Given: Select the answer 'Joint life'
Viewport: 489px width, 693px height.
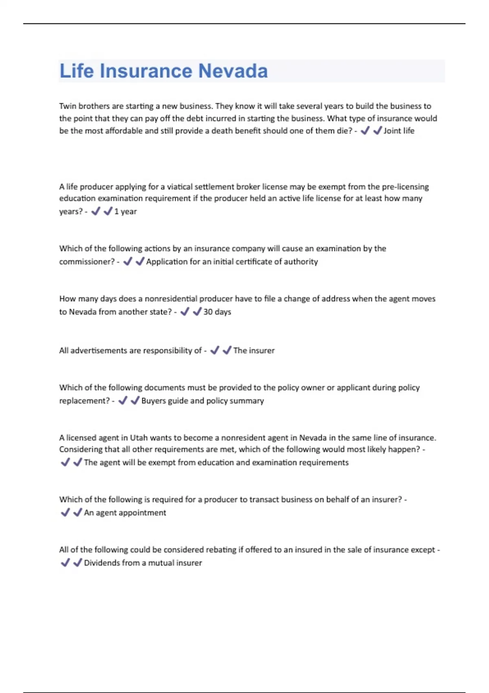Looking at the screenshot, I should point(399,131).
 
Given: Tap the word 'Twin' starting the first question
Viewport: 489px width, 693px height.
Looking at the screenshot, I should point(68,106).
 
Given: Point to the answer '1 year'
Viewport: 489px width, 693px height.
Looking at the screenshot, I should point(126,212).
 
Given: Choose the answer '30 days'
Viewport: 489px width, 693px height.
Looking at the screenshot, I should point(217,312).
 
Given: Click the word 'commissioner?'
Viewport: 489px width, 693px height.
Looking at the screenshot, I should point(87,262).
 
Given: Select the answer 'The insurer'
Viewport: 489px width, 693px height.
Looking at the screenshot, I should point(254,351).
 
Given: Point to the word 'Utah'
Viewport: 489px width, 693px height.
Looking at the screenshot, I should point(139,438).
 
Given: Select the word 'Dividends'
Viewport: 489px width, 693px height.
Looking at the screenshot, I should point(101,563).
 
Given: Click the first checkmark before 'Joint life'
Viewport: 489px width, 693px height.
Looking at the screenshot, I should point(365,130).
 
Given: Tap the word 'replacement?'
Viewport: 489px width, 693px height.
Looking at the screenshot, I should point(84,401).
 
